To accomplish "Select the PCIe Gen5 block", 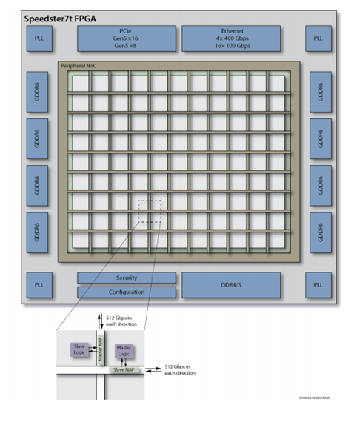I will (127, 38).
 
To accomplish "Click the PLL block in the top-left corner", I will (39, 38).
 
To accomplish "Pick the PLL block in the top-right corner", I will (318, 38).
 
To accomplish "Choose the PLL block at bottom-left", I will (39, 284).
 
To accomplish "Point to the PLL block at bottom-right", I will (318, 284).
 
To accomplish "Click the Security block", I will (127, 278).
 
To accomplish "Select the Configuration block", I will (127, 292).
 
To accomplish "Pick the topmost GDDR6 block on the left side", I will (39, 92).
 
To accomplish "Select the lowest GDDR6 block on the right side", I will (318, 230).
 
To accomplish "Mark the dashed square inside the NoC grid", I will (149, 210).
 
